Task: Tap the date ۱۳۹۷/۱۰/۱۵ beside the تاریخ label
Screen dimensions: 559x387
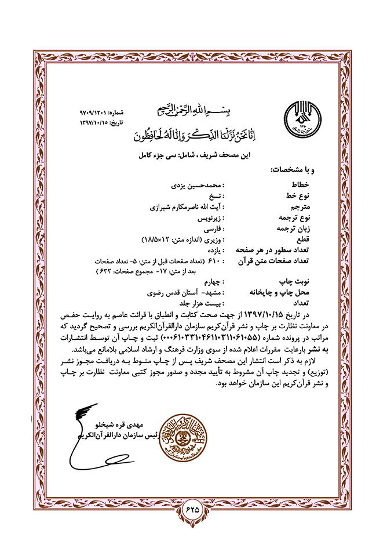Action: [x=96, y=122]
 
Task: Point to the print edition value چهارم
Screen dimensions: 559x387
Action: [x=210, y=282]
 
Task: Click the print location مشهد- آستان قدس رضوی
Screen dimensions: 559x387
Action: [x=189, y=293]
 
